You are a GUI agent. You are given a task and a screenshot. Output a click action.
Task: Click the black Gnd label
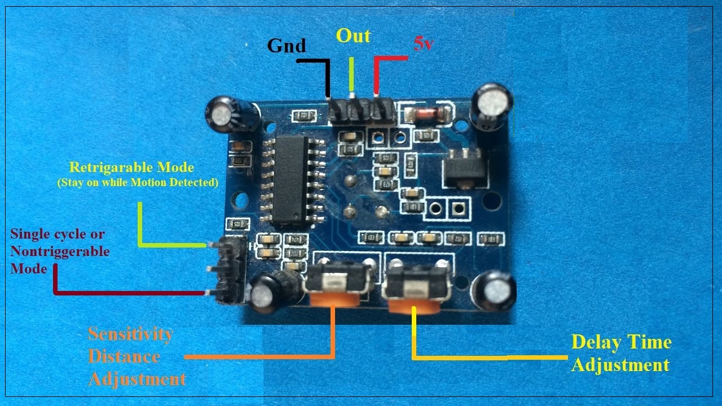pos(287,45)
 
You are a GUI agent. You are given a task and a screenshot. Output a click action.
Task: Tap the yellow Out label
pos(353,36)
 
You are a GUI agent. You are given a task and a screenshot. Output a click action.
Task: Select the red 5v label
pos(423,44)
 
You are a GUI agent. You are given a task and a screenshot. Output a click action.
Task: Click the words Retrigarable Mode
pos(131,167)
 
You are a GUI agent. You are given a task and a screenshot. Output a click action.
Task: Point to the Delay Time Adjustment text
pos(620,354)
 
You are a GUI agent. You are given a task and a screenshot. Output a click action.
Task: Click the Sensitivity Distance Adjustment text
pos(137,356)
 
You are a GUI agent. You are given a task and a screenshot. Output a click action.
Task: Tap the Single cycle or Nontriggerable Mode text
pos(59,251)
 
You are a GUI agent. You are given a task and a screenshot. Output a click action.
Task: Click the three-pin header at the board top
pos(362,112)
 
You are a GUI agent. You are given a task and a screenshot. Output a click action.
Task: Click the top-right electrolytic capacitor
pos(492,105)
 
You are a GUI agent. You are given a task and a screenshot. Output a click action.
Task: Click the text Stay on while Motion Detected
pos(138,183)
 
